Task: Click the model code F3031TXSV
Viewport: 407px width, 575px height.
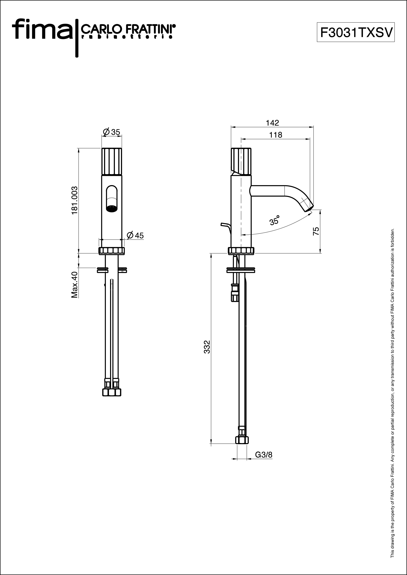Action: (x=356, y=32)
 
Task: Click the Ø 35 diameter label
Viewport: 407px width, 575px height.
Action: (x=112, y=132)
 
